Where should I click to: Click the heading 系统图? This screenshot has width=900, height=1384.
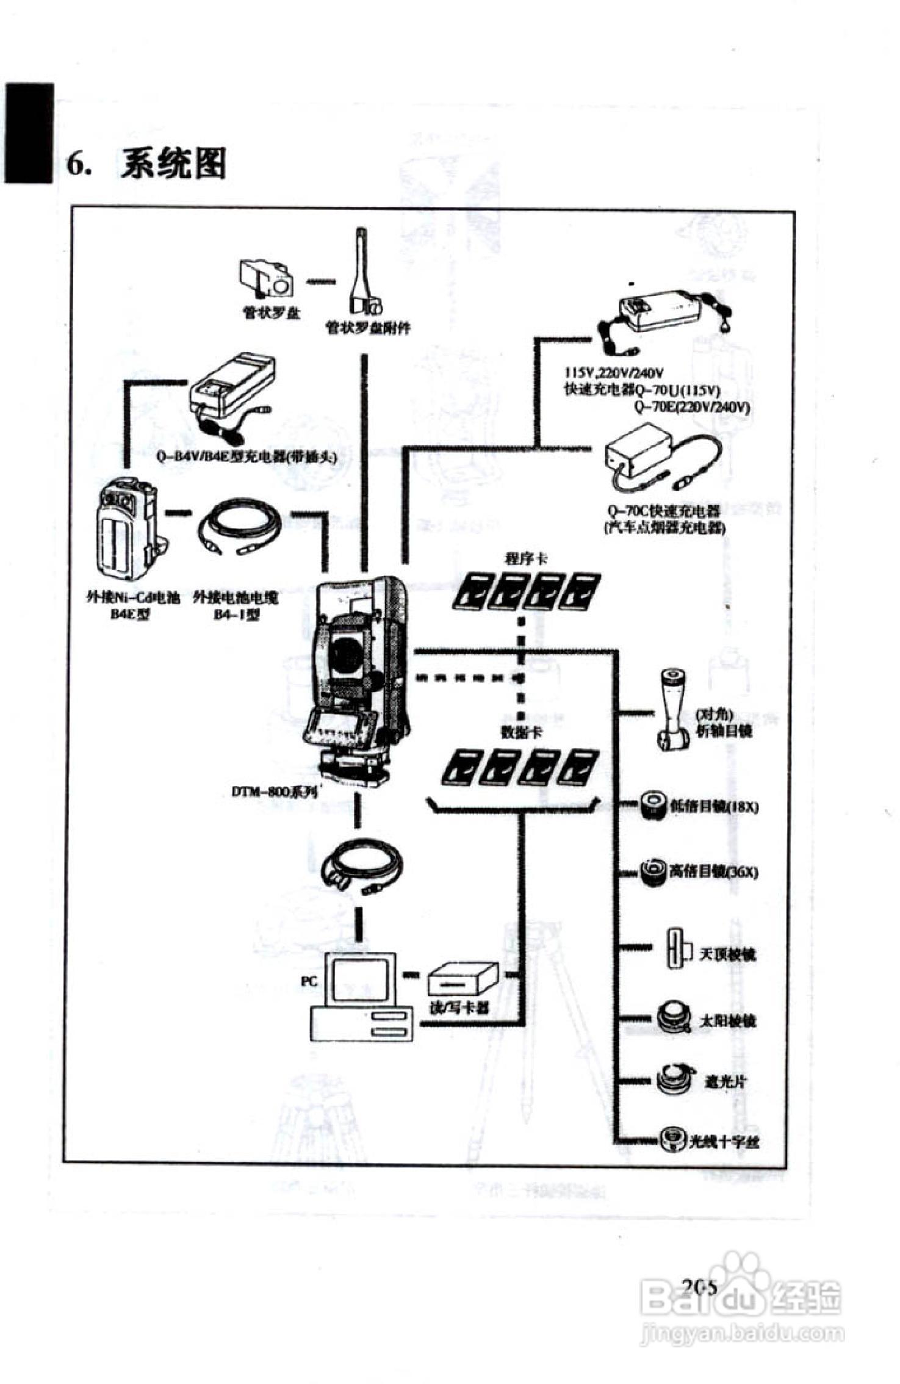tap(173, 164)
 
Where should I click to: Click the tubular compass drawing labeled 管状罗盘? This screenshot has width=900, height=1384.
tap(266, 279)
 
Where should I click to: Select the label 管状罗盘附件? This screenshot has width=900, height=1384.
tap(368, 328)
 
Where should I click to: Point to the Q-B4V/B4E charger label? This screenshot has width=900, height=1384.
tap(247, 456)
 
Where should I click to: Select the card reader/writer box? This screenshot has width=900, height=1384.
tap(462, 980)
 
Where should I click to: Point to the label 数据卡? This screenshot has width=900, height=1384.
tap(522, 732)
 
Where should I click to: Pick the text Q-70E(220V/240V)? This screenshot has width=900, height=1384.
tap(691, 407)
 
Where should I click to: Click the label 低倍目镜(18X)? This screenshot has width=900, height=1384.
tap(713, 807)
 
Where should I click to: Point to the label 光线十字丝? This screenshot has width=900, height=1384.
tap(724, 1141)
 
